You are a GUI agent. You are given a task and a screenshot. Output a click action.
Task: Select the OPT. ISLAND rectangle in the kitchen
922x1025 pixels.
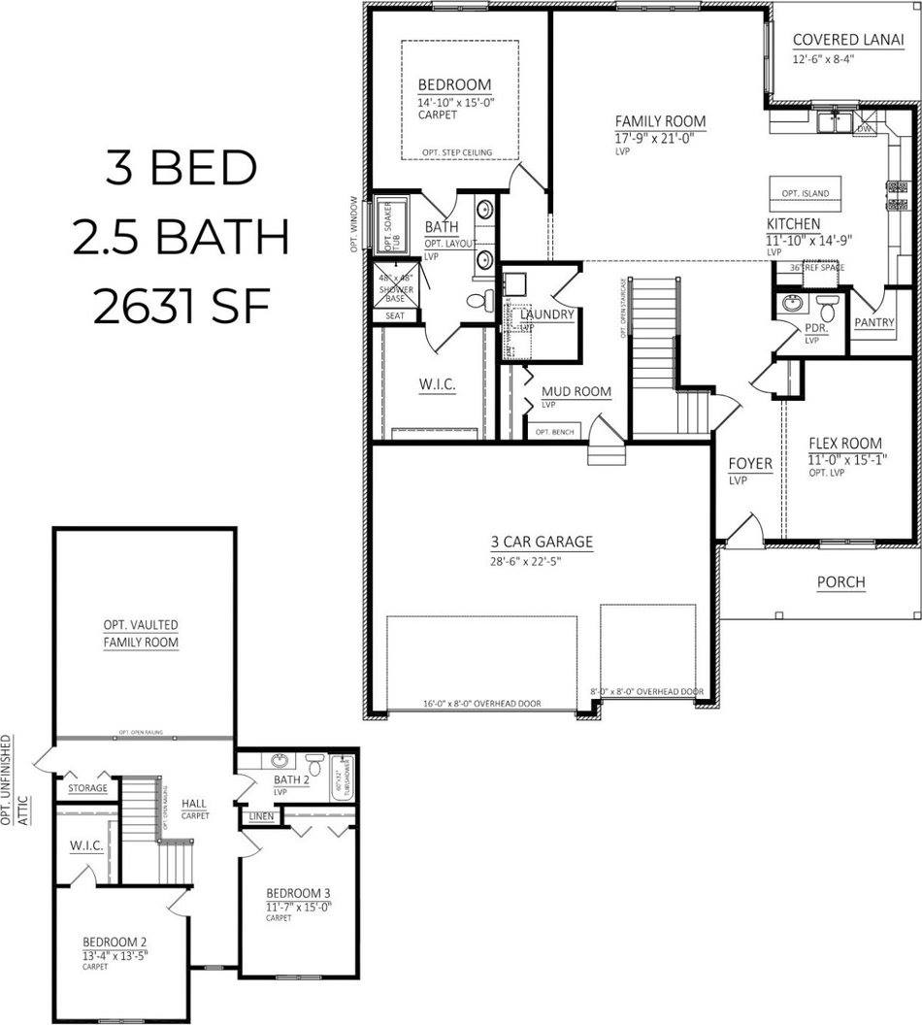click(806, 192)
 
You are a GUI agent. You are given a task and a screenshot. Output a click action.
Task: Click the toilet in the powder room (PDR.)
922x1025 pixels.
click(828, 310)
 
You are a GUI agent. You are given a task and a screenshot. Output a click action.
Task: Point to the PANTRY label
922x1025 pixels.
click(874, 323)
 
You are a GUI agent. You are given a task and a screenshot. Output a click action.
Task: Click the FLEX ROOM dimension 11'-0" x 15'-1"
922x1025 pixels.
click(845, 459)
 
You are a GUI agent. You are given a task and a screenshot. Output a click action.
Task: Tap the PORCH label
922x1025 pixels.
click(840, 582)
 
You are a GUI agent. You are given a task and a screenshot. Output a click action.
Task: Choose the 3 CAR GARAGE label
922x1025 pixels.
click(542, 542)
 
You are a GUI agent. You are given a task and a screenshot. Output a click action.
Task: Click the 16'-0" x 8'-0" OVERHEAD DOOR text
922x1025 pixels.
click(482, 704)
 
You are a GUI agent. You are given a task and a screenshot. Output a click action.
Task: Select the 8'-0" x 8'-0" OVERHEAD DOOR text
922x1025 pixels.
click(646, 692)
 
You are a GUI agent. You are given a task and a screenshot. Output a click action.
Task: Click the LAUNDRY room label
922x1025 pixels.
click(547, 314)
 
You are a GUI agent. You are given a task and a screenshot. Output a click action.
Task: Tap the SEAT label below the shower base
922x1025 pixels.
click(395, 314)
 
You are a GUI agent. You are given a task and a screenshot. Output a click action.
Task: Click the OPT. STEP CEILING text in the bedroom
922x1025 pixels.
click(457, 152)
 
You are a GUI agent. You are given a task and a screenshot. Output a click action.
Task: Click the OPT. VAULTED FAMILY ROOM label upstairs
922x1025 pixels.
click(141, 634)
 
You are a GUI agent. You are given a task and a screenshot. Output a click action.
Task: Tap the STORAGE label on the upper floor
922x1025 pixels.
click(87, 788)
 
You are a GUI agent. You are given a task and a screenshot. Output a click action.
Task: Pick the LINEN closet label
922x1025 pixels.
click(261, 817)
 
